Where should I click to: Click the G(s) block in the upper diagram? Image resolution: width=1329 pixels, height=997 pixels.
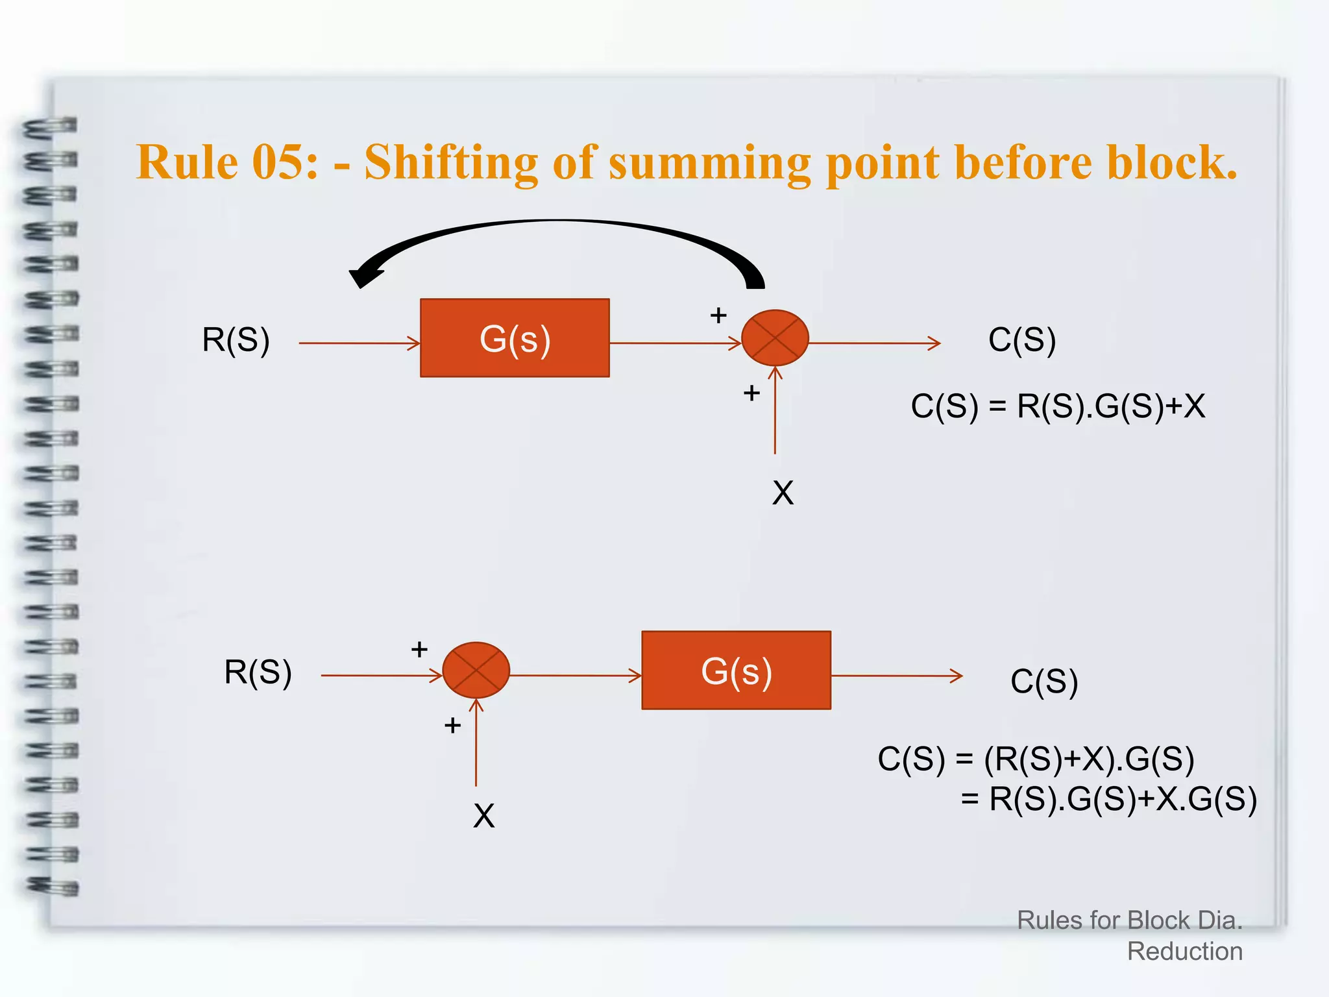click(515, 338)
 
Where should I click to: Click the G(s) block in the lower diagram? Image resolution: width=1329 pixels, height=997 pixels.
click(736, 671)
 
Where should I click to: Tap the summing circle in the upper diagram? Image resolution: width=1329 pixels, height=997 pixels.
click(775, 338)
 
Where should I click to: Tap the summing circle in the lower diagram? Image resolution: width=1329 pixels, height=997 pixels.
click(476, 671)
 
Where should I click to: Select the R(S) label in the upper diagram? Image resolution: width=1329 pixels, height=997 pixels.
click(236, 339)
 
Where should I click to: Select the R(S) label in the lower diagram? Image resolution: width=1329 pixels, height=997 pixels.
click(258, 672)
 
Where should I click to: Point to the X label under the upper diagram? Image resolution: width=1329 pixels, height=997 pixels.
click(783, 493)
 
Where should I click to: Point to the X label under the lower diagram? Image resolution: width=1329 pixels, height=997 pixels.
click(483, 816)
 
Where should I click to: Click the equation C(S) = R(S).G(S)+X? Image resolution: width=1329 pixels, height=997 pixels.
click(1058, 406)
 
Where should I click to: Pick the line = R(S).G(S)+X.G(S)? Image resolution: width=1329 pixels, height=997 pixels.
click(1108, 799)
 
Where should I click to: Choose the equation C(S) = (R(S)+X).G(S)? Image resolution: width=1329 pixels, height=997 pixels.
click(1036, 759)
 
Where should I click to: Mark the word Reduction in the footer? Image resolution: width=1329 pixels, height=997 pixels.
click(1184, 952)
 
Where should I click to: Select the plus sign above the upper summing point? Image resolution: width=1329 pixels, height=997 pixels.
click(718, 315)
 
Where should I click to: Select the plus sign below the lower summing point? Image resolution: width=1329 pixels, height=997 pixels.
click(452, 725)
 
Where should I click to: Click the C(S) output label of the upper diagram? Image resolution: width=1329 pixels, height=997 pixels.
click(1021, 339)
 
